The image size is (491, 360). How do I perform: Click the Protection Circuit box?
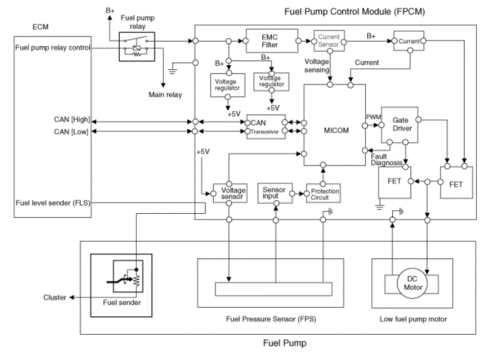click(x=323, y=192)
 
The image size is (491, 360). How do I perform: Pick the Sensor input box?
click(x=274, y=192)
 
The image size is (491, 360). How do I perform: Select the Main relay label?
click(x=166, y=94)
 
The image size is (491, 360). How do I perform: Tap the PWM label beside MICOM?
click(x=373, y=116)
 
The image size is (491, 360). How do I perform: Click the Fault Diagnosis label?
click(x=386, y=159)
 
